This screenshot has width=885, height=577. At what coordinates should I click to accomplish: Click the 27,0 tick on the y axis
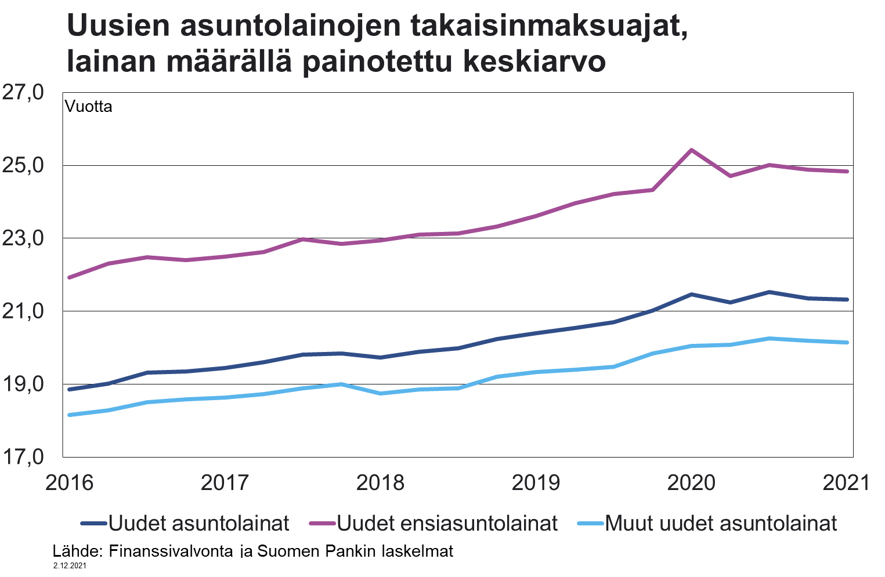[23, 92]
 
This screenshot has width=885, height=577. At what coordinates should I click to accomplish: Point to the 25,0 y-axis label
[23, 165]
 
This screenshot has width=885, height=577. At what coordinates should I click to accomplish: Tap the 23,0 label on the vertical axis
[23, 238]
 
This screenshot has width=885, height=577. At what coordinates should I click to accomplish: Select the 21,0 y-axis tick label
[23, 311]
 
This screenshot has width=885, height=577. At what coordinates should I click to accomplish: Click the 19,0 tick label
[23, 384]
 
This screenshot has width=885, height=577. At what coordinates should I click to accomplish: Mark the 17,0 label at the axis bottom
[23, 457]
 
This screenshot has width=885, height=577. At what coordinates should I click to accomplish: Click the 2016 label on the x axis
[68, 482]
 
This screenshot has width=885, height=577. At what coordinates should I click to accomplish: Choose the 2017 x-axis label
[225, 482]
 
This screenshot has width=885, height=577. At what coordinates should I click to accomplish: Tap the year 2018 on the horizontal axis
[380, 482]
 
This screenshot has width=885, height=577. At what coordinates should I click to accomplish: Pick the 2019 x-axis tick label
[536, 482]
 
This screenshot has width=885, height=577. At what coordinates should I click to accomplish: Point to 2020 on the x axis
[691, 482]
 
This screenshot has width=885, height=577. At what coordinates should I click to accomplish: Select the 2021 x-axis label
[846, 482]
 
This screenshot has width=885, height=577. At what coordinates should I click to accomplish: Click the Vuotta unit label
[88, 107]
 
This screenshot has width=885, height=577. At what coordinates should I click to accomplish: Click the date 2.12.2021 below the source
[70, 565]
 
